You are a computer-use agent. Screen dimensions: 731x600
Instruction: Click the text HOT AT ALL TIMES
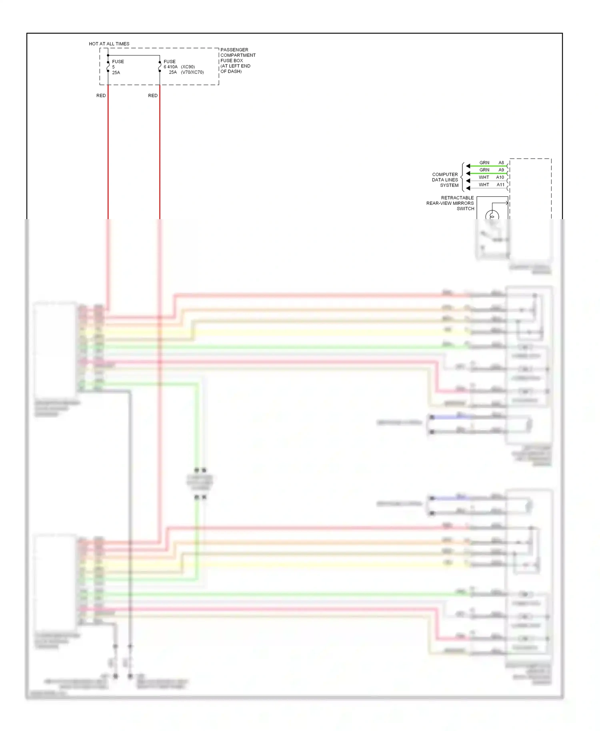[109, 44]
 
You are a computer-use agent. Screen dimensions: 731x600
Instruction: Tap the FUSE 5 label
[118, 64]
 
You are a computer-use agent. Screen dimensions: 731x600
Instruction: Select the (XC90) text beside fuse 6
[188, 67]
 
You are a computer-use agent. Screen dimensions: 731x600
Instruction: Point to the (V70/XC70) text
[192, 72]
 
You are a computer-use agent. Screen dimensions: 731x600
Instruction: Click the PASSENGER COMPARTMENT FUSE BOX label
[238, 60]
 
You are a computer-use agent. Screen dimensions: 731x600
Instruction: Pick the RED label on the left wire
[101, 96]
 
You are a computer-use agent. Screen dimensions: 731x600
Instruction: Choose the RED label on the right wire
[153, 96]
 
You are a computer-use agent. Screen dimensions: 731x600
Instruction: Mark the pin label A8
[501, 163]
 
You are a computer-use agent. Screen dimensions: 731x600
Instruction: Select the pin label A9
[501, 170]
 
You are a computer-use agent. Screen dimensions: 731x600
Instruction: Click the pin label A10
[500, 177]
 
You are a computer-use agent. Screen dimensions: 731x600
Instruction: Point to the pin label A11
[500, 185]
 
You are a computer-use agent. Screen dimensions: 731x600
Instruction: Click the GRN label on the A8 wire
[484, 163]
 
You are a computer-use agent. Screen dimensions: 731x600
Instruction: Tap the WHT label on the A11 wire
[484, 185]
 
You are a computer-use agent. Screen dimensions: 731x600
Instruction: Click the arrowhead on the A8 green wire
[468, 166]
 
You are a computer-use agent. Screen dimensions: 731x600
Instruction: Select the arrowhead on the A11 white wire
[468, 188]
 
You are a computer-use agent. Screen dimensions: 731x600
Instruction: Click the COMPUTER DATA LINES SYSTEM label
[445, 180]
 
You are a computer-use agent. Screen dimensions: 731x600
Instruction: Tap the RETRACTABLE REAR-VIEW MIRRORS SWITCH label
[450, 203]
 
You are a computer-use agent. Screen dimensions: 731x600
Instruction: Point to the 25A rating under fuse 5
[116, 73]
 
